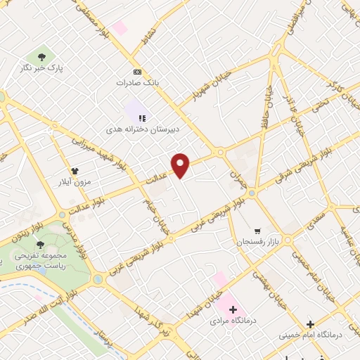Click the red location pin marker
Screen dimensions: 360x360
coord(181,165)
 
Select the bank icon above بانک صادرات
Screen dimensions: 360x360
coord(137,72)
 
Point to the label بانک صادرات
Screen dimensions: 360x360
coord(138,83)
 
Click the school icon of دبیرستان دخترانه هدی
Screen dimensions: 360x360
coord(141,118)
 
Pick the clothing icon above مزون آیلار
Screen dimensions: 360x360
coord(74,170)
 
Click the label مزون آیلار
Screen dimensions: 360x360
coord(75,181)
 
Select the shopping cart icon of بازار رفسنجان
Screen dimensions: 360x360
coord(258,230)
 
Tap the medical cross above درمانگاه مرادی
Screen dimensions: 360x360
coord(233,309)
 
